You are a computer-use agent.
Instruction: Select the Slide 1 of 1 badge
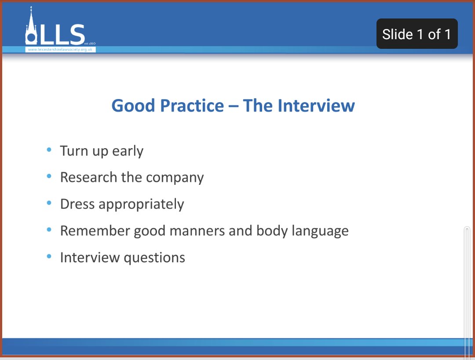[417, 34]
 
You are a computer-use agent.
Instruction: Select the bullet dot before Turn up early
[49, 150]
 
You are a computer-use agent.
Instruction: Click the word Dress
[77, 204]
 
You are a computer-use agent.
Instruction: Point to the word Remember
[95, 231]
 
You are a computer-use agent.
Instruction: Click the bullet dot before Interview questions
[49, 256]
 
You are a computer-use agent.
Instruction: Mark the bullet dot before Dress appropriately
[49, 203]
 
